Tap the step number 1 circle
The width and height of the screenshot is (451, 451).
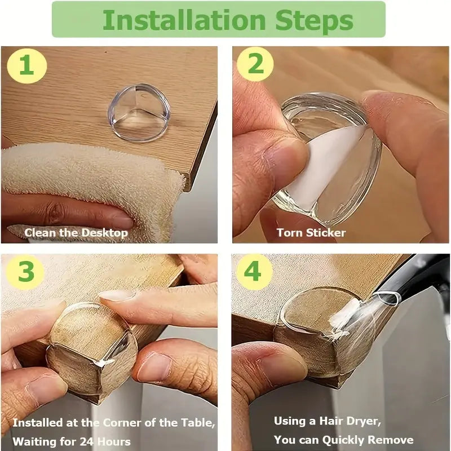(26, 65)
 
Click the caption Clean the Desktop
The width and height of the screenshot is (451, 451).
(76, 232)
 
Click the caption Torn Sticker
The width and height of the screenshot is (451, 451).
(311, 232)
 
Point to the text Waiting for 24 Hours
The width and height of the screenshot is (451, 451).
(72, 441)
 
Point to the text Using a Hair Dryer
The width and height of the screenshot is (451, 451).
(327, 421)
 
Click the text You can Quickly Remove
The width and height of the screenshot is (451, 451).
(343, 440)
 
